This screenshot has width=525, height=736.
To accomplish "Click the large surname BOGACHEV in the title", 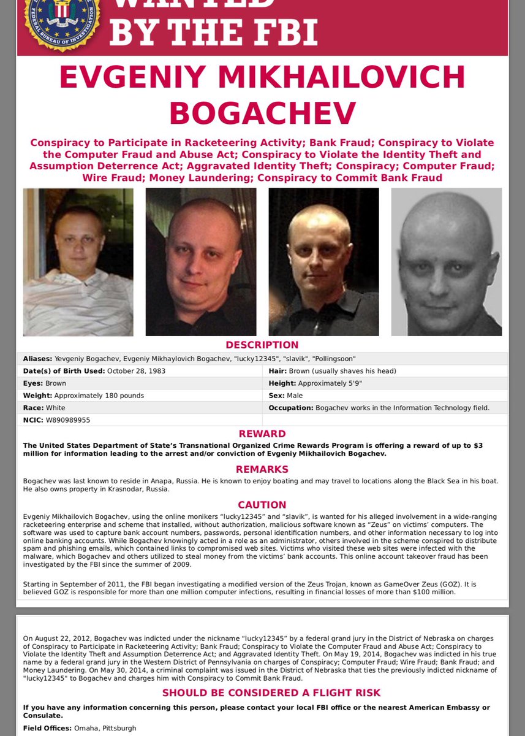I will pyautogui.click(x=262, y=113).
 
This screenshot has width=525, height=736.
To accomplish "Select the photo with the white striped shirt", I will pyautogui.click(x=78, y=262).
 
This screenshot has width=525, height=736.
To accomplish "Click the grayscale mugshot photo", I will pyautogui.click(x=446, y=262).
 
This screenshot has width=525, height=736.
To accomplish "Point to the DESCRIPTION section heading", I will pyautogui.click(x=262, y=345).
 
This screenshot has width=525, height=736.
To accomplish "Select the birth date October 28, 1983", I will pyautogui.click(x=136, y=371).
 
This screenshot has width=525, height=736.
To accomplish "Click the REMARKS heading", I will pyautogui.click(x=262, y=469).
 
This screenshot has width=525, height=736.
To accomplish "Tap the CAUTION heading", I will pyautogui.click(x=262, y=505).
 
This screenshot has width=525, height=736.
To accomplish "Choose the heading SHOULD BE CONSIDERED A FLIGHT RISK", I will pyautogui.click(x=262, y=693).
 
